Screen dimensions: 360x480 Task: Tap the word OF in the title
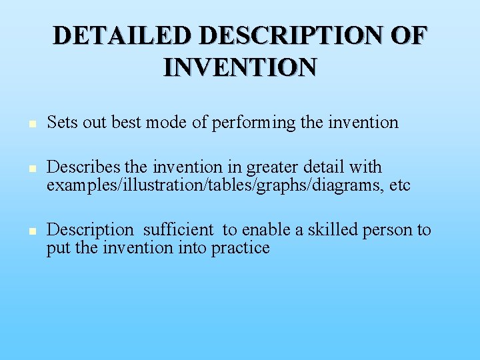pos(407,35)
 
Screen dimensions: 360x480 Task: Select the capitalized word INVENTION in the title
pos(240,67)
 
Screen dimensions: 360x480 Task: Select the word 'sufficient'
pos(179,230)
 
